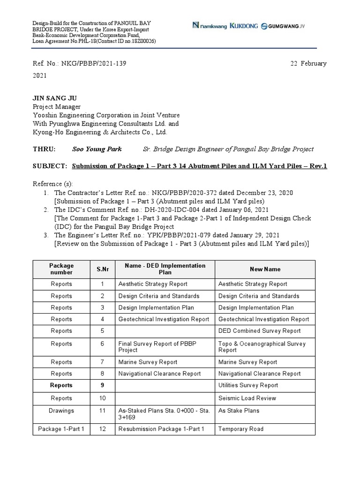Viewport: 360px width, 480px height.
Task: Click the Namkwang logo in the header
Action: point(210,26)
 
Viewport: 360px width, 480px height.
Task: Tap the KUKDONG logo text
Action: point(244,26)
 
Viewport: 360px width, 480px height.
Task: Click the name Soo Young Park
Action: point(97,149)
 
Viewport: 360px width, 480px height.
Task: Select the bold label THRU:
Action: point(44,149)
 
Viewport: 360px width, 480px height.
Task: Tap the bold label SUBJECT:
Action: point(50,166)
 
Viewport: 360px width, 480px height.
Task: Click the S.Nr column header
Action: point(103,269)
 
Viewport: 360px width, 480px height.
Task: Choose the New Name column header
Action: point(265,269)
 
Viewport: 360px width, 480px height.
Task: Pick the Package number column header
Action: point(61,269)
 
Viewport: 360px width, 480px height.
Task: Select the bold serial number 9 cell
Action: point(102,385)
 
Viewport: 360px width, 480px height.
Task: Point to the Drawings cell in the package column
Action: point(61,411)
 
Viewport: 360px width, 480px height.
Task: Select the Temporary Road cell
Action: point(241,429)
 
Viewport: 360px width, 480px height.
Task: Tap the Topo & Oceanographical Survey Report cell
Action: point(262,347)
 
